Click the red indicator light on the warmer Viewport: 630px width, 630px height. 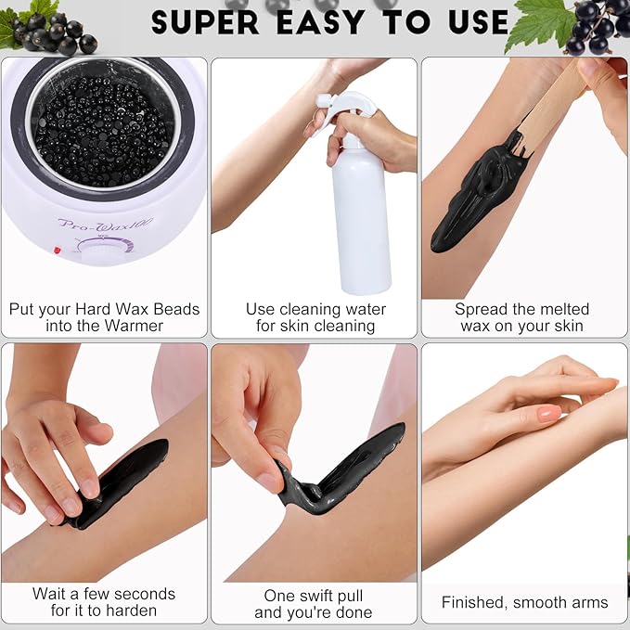coord(58,250)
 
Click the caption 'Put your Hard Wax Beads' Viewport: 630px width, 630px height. coord(104,309)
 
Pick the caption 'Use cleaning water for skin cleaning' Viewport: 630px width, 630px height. coord(315,317)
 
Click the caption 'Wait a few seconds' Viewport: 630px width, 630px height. coord(104,593)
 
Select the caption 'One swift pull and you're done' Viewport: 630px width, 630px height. coord(314,603)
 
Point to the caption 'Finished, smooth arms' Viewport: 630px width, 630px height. coord(524,602)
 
